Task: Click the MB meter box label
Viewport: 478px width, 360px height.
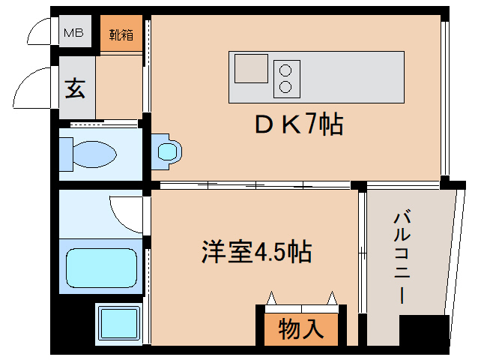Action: [x=73, y=33]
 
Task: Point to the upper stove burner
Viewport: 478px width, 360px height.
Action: [x=285, y=71]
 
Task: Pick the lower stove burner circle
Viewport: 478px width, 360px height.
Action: [x=285, y=86]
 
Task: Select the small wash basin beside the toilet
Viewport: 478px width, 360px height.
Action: [x=168, y=151]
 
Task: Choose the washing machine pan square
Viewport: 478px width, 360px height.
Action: [x=118, y=323]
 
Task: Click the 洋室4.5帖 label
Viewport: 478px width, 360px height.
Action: [x=255, y=250]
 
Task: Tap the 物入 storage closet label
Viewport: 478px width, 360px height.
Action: [x=300, y=328]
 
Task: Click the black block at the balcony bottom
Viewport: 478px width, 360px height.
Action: [x=423, y=331]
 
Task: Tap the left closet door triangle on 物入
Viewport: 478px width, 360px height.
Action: [x=270, y=298]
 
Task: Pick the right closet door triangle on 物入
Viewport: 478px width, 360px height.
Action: [x=330, y=298]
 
